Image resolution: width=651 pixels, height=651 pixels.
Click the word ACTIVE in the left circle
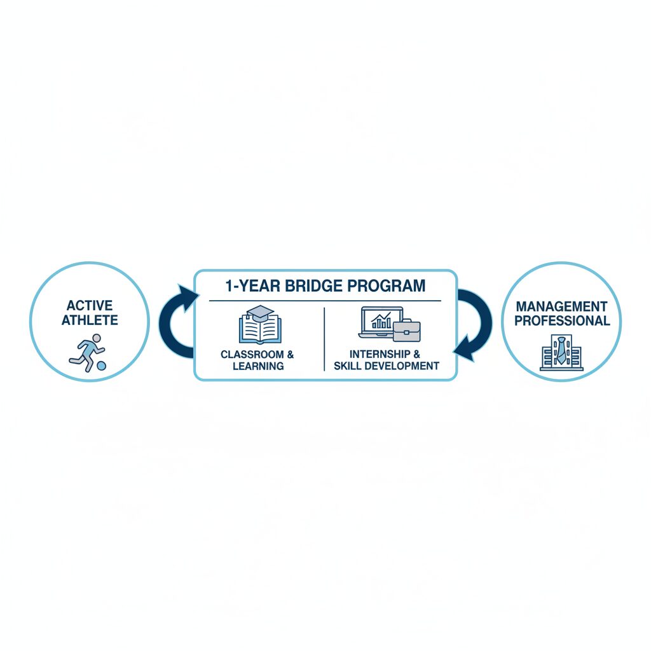pos(90,306)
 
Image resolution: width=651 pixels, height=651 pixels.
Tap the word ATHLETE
pos(90,320)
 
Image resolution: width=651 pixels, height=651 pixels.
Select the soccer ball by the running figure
pos(101,366)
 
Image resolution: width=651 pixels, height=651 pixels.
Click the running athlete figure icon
pos(86,352)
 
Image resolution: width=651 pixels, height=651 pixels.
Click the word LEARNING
pos(258,366)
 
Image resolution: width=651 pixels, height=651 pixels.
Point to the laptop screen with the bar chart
pos(381,320)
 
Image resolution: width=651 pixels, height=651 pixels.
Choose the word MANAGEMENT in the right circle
pos(562,306)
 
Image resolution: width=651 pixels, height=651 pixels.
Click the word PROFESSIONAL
pos(562,320)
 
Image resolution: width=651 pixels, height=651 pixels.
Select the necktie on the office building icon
pos(561,351)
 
